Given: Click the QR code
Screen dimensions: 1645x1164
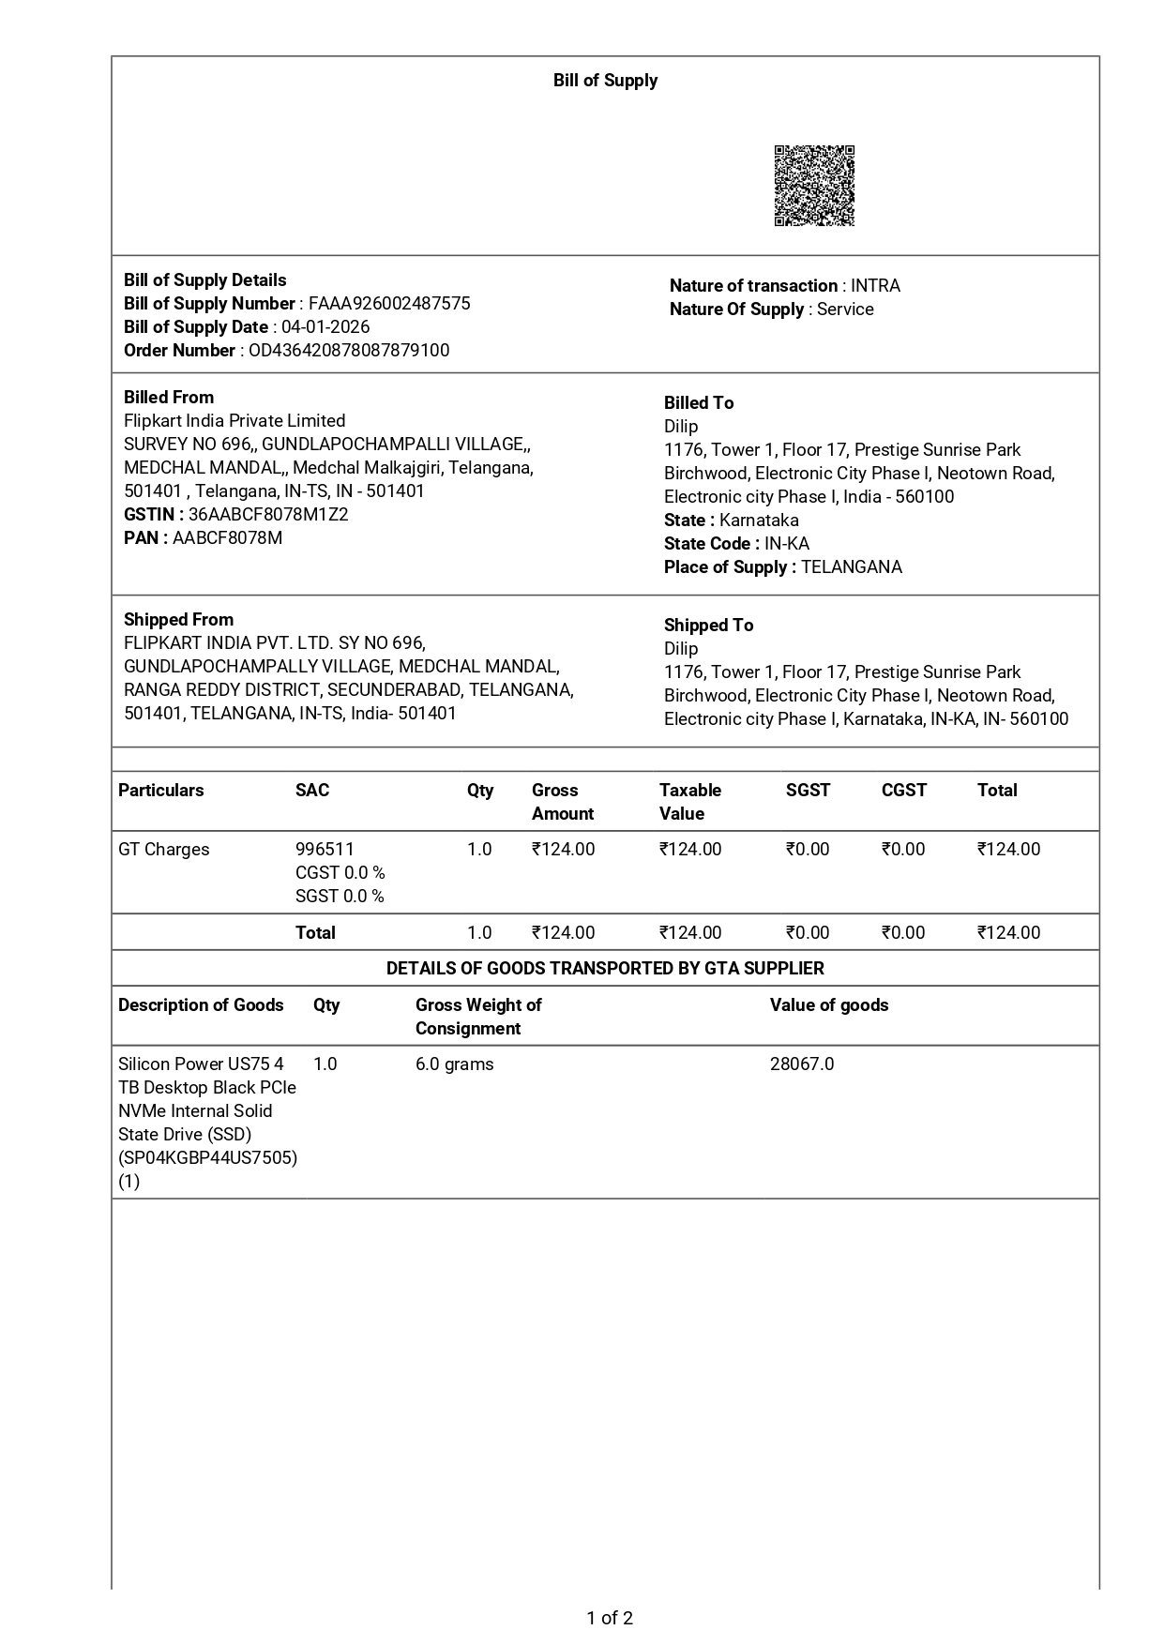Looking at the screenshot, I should click(x=814, y=186).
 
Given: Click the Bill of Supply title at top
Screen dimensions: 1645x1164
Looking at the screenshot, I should click(x=605, y=81).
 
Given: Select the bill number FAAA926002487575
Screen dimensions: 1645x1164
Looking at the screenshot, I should click(x=389, y=304).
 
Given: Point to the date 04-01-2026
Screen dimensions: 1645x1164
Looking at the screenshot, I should click(x=325, y=327).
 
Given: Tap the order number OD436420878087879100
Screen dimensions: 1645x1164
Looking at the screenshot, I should click(x=349, y=351).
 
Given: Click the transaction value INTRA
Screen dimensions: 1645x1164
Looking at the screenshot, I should click(x=875, y=286).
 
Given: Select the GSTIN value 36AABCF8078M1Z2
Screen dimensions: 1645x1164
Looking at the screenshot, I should click(x=268, y=515).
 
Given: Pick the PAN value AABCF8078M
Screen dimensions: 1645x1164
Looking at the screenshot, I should click(x=227, y=538).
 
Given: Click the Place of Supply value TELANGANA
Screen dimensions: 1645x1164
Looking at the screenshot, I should click(x=852, y=567).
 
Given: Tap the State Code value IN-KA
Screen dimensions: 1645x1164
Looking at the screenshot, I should click(x=787, y=544).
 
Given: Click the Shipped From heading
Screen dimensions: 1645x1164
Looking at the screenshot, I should click(x=178, y=620).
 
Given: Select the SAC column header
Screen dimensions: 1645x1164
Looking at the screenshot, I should click(x=312, y=791).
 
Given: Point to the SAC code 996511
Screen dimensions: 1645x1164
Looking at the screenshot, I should click(x=325, y=850).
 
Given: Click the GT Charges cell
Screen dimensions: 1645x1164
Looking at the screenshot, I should click(x=164, y=850).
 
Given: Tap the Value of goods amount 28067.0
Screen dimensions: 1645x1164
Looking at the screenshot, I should click(x=802, y=1064).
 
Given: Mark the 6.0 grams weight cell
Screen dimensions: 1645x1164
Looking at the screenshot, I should click(x=455, y=1064).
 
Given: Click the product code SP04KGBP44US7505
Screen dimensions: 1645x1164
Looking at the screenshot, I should click(x=208, y=1158).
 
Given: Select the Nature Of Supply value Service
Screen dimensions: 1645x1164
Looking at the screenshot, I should click(x=845, y=309).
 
